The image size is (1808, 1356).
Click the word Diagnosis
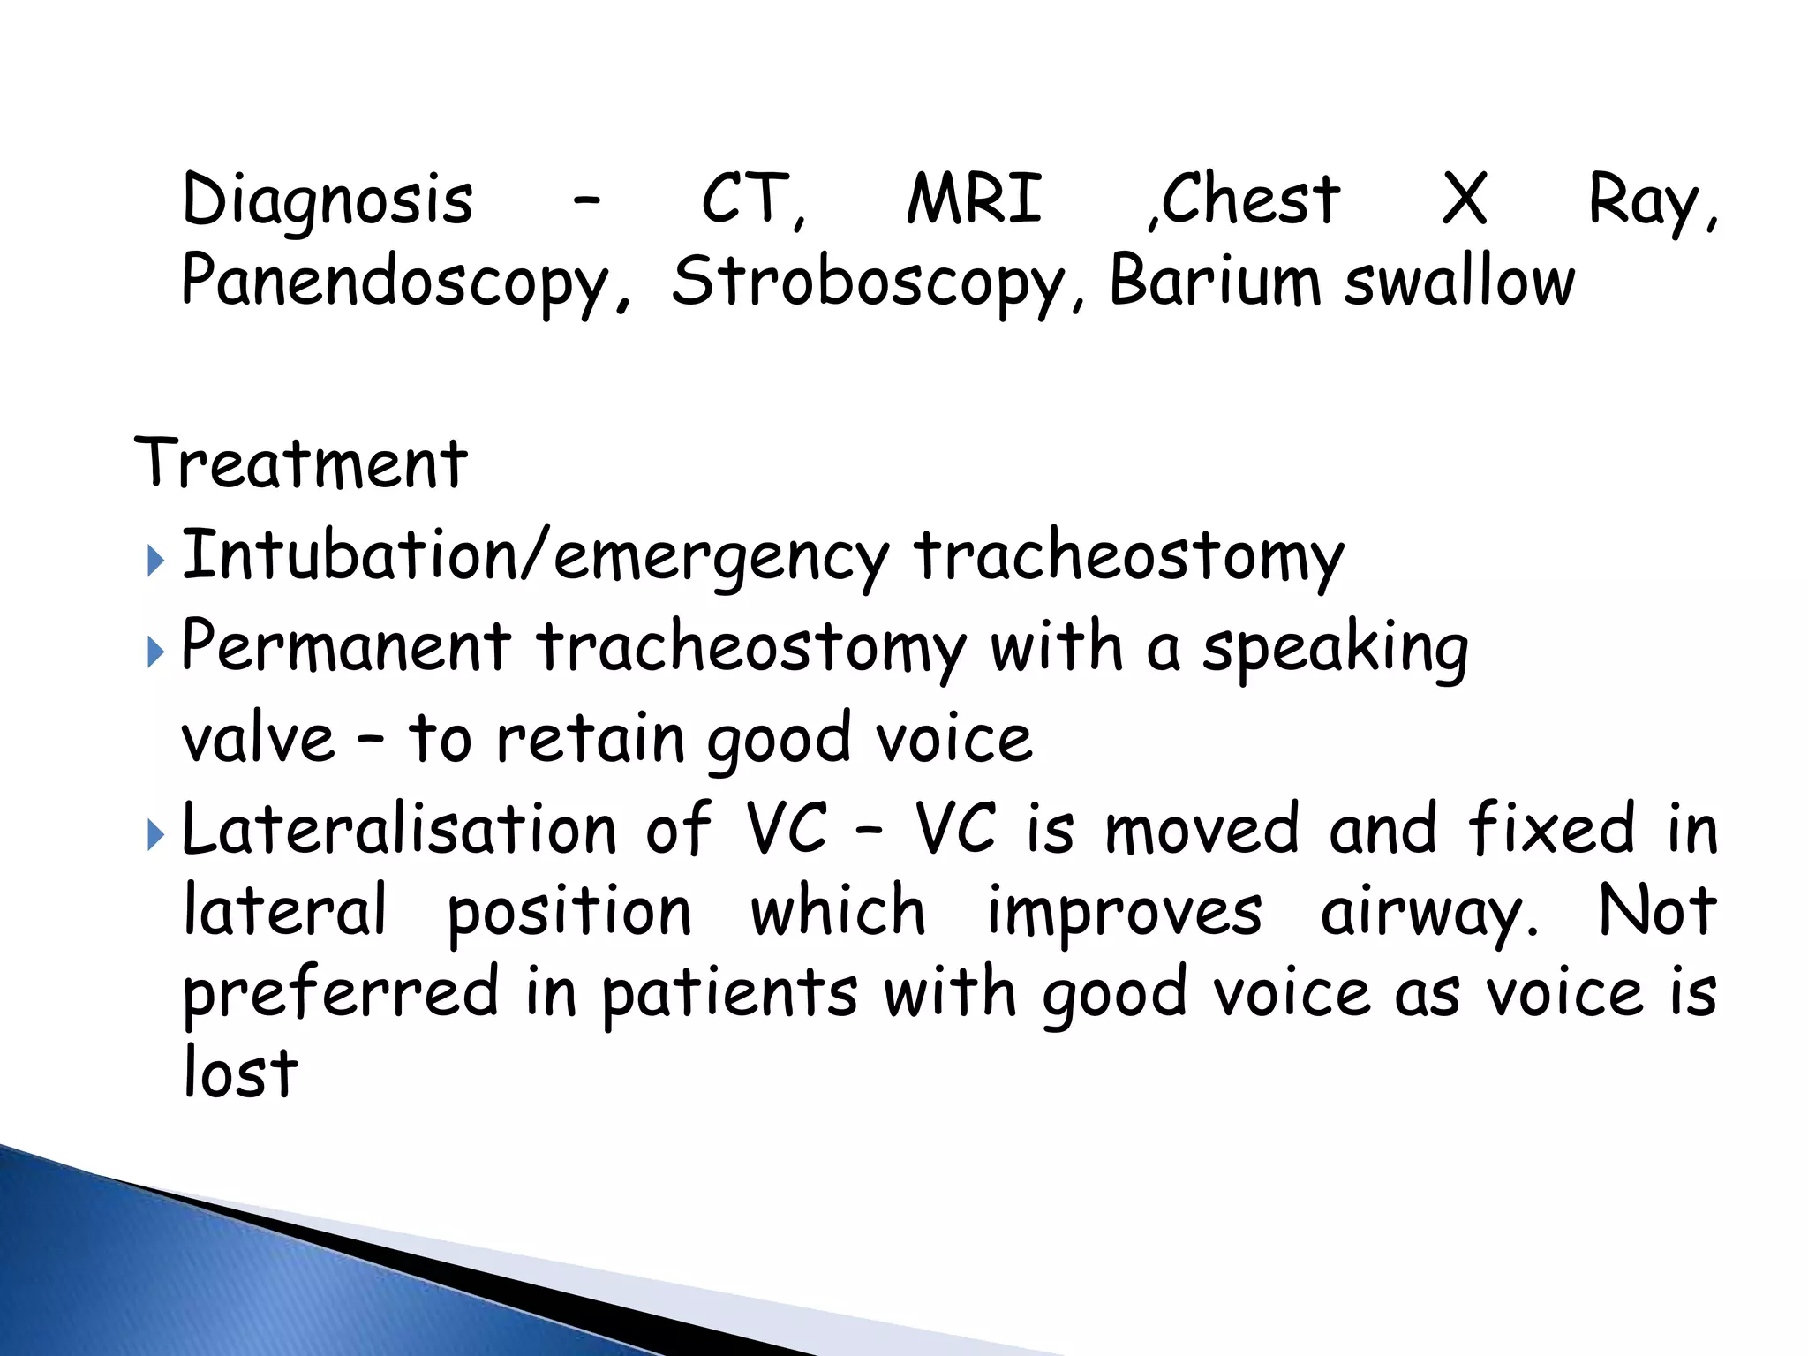click(x=328, y=200)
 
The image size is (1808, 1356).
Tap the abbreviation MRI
click(x=975, y=199)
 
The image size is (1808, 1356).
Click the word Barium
click(x=1214, y=281)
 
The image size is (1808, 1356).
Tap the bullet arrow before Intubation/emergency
click(x=155, y=561)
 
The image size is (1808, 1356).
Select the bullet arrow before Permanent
click(x=155, y=652)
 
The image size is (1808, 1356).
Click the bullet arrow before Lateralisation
click(x=155, y=834)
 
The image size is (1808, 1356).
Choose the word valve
click(x=258, y=737)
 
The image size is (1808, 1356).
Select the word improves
click(x=1124, y=913)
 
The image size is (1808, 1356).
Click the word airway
click(x=1428, y=913)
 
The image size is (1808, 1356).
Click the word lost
click(x=240, y=1073)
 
